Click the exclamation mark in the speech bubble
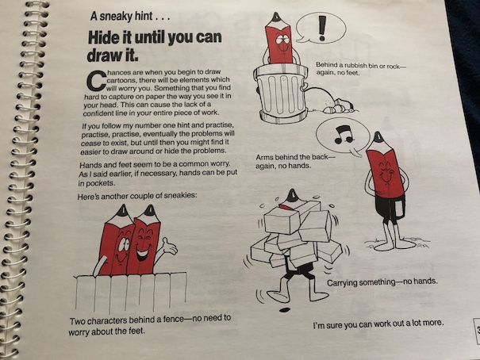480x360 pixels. [321, 28]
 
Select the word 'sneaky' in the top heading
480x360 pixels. [116, 16]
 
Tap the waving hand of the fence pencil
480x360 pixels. [169, 246]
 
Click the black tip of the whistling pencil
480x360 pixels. [378, 136]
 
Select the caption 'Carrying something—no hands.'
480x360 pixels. [382, 281]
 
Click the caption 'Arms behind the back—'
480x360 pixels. [296, 157]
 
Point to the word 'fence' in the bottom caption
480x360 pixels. [173, 320]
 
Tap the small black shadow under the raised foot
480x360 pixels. [284, 310]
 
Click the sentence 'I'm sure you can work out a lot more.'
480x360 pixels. [378, 324]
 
